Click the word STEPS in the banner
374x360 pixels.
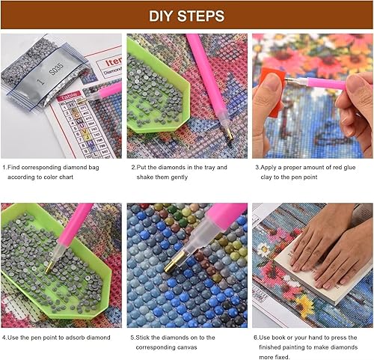click(x=200, y=16)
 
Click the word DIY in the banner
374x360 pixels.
click(x=161, y=16)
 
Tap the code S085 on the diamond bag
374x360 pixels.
click(x=56, y=70)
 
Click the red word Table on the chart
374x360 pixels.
click(x=69, y=97)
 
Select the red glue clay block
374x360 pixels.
click(x=272, y=92)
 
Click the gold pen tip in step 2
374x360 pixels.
click(x=229, y=134)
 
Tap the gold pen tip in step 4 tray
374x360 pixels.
click(x=49, y=267)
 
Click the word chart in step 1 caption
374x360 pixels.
click(x=66, y=177)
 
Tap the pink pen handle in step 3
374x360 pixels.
click(x=328, y=83)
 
